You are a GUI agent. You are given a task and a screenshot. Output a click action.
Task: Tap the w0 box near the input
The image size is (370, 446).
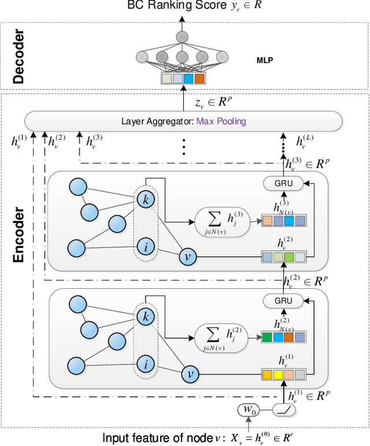[x=250, y=410]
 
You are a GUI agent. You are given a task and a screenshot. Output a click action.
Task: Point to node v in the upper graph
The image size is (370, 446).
[x=187, y=256]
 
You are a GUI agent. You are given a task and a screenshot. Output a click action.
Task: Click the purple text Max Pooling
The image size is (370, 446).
[x=221, y=121]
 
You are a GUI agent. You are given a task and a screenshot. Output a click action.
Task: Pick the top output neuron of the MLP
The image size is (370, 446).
[x=182, y=36]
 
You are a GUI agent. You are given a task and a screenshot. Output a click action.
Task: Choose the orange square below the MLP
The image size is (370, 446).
[x=200, y=78]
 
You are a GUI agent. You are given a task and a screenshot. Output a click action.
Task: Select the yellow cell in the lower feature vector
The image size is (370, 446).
[x=278, y=374]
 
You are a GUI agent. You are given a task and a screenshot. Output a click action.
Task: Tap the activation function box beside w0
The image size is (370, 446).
[x=284, y=410]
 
